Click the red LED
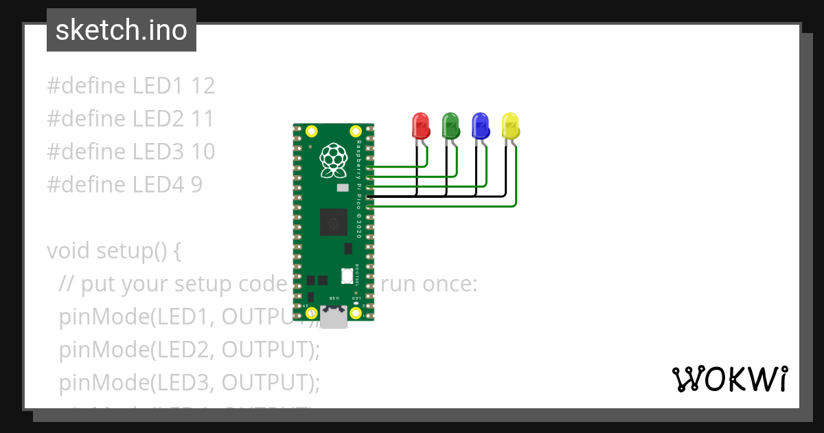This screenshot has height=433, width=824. pyautogui.click(x=420, y=125)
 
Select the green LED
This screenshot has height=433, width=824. pyautogui.click(x=450, y=125)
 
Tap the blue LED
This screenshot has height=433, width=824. pyautogui.click(x=481, y=125)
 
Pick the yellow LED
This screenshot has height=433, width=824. pyautogui.click(x=511, y=125)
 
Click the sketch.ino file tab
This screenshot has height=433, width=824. pyautogui.click(x=122, y=30)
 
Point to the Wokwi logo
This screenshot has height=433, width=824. pyautogui.click(x=729, y=379)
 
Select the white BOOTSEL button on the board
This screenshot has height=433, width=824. pyautogui.click(x=347, y=276)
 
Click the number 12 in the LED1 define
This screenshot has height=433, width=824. pyautogui.click(x=203, y=86)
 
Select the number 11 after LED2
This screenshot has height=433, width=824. pyautogui.click(x=203, y=119)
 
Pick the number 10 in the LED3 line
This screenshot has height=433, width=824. pyautogui.click(x=203, y=152)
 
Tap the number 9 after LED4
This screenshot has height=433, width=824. pyautogui.click(x=196, y=185)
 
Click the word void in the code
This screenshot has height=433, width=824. pyautogui.click(x=69, y=251)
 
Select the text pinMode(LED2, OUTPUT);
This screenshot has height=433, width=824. pyautogui.click(x=190, y=350)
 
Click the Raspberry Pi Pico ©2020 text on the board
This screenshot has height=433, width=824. pyautogui.click(x=358, y=189)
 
